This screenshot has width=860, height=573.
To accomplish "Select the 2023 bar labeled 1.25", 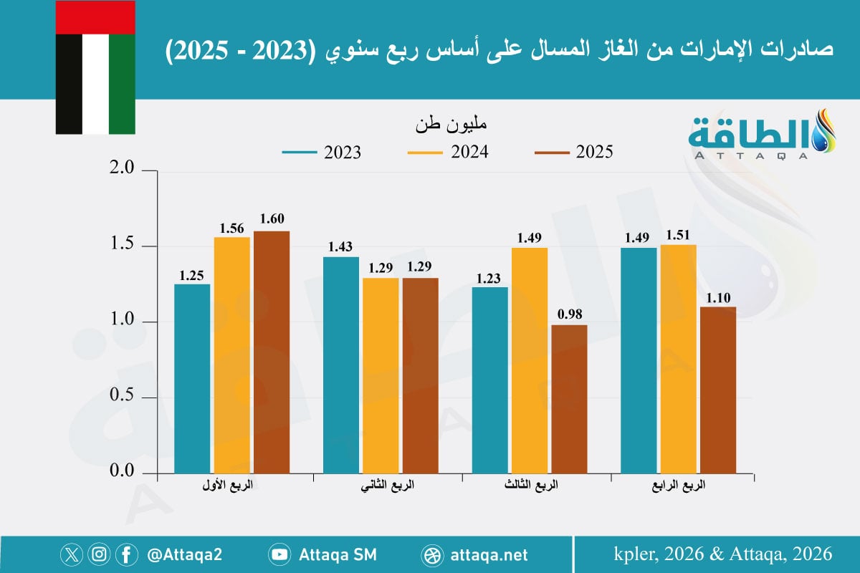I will click(x=192, y=379).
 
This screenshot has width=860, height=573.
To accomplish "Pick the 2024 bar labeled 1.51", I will click(x=678, y=359).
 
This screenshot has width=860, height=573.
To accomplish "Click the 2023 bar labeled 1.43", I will click(x=341, y=365).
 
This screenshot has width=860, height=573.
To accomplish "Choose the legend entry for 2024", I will click(x=448, y=153).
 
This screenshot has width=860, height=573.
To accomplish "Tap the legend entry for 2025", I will click(x=574, y=153).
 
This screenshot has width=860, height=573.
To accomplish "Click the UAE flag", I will click(x=95, y=67).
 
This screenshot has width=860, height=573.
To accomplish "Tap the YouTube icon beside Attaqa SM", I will click(x=280, y=555).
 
